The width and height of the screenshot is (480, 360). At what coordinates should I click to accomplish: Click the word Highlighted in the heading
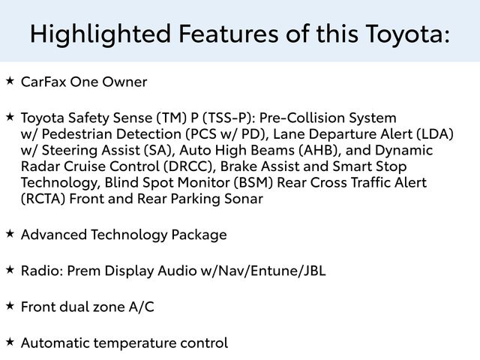100,34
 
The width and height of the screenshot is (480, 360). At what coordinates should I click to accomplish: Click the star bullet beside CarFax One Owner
10,81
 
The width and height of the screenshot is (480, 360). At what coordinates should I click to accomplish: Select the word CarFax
43,82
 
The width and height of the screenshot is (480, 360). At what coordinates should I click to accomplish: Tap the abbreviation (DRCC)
188,166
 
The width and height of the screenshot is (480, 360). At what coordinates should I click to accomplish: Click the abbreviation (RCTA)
43,199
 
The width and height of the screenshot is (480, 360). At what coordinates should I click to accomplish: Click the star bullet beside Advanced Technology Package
10,234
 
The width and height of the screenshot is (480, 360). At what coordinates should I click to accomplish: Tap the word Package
199,235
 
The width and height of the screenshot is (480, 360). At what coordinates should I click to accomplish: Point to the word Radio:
42,271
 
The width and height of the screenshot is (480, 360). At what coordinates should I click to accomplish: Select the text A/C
141,307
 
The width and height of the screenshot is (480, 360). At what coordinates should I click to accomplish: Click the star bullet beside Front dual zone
10,306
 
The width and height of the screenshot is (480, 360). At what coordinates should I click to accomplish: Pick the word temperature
135,343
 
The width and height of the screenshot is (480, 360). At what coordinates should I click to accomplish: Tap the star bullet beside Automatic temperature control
10,342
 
